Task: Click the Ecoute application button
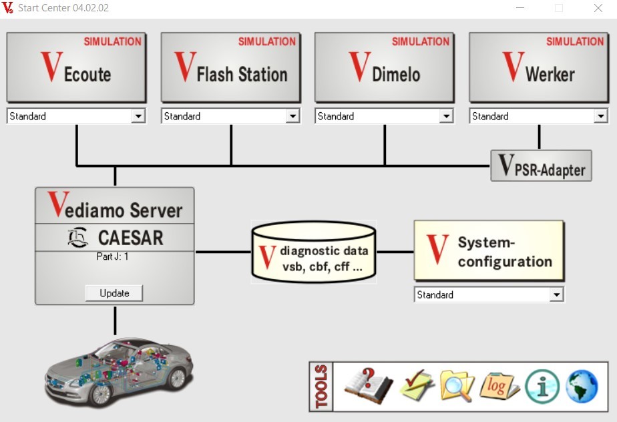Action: (x=76, y=67)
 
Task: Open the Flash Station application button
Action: (x=230, y=67)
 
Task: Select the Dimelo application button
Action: (x=384, y=67)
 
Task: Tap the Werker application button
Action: (x=538, y=67)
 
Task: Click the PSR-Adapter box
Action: (x=542, y=166)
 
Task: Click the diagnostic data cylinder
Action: (x=313, y=252)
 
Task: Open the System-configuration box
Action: (x=489, y=250)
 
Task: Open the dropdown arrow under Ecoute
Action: (x=138, y=116)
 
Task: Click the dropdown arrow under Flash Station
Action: (x=292, y=116)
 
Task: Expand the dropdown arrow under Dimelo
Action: (x=446, y=116)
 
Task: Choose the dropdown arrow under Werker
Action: (x=600, y=116)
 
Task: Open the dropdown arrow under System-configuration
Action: (x=556, y=294)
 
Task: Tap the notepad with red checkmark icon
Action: (x=417, y=385)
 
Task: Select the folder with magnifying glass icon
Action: (x=457, y=385)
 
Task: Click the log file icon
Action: (x=499, y=385)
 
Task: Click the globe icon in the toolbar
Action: (x=582, y=385)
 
